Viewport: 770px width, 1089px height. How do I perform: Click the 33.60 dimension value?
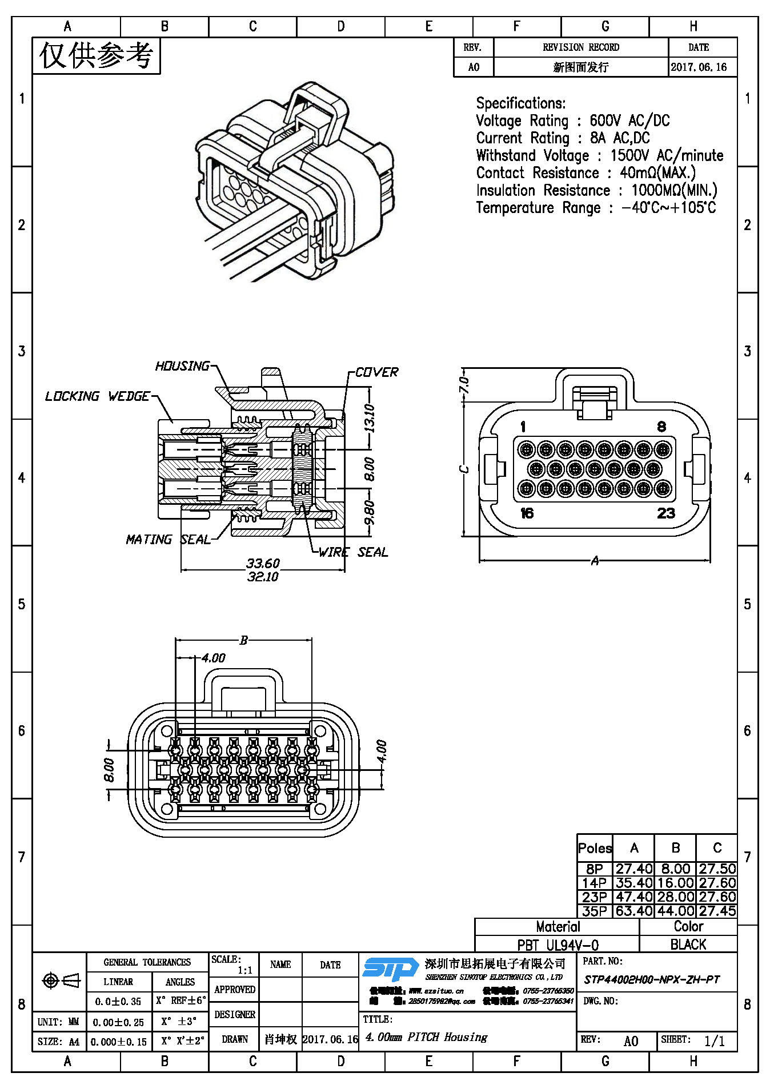(263, 563)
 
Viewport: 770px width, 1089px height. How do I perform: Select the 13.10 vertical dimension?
(370, 417)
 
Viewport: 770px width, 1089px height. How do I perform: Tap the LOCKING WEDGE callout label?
(97, 396)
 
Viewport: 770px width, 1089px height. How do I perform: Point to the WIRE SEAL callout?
(353, 552)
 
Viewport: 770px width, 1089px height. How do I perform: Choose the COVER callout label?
(376, 372)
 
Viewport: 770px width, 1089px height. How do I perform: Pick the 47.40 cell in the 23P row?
(633, 897)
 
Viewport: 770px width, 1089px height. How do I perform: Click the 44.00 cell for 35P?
(675, 911)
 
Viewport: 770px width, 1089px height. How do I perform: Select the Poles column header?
(595, 848)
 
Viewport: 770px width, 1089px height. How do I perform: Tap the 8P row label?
(595, 869)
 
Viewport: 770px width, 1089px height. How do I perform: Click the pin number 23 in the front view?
(665, 513)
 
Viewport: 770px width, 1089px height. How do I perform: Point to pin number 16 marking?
(527, 513)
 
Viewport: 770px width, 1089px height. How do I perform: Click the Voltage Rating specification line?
(572, 121)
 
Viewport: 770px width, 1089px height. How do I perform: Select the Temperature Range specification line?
(595, 208)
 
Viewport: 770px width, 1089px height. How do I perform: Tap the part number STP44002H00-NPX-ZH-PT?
(652, 980)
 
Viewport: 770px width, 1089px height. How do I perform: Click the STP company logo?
(391, 970)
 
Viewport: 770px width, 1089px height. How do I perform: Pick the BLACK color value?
(688, 945)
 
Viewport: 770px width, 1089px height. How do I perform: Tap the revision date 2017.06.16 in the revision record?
(699, 67)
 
